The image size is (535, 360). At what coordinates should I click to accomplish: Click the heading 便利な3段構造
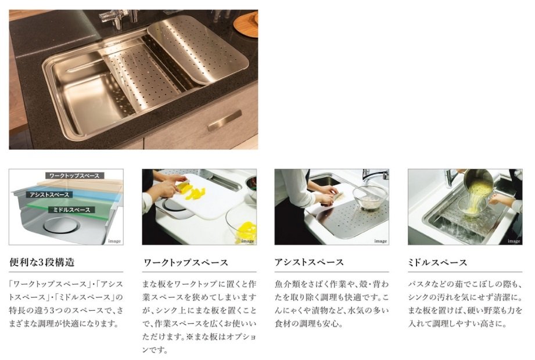[42, 262]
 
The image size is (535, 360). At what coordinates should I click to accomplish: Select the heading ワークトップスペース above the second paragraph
[186, 262]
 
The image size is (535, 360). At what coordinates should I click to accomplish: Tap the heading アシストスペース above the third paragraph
[309, 262]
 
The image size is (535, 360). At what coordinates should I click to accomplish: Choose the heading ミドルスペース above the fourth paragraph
[437, 262]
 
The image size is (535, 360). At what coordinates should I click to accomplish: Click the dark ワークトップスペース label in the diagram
[74, 175]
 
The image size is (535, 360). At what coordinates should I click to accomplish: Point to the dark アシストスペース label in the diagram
[49, 195]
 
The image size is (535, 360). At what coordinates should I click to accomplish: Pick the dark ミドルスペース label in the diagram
[71, 210]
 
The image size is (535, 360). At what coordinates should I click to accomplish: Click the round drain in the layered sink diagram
[62, 225]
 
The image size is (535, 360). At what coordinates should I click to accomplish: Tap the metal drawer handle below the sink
[224, 120]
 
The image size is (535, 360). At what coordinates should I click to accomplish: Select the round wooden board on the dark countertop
[246, 24]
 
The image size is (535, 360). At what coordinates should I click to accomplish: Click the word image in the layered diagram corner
[114, 241]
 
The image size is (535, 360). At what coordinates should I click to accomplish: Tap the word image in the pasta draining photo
[514, 241]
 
